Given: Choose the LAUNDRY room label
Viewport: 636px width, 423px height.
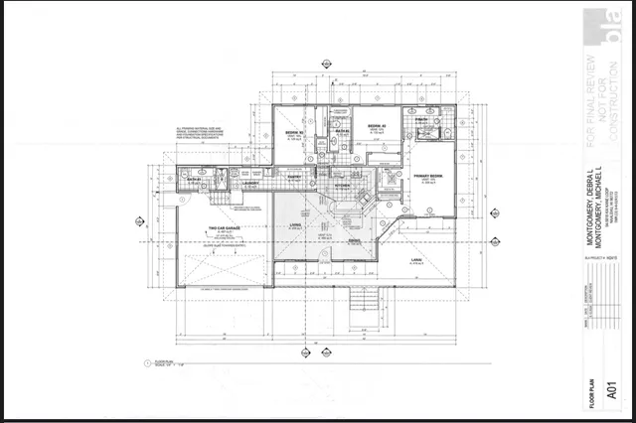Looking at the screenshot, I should (x=250, y=184).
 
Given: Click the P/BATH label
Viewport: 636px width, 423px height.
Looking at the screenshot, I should (x=422, y=118).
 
